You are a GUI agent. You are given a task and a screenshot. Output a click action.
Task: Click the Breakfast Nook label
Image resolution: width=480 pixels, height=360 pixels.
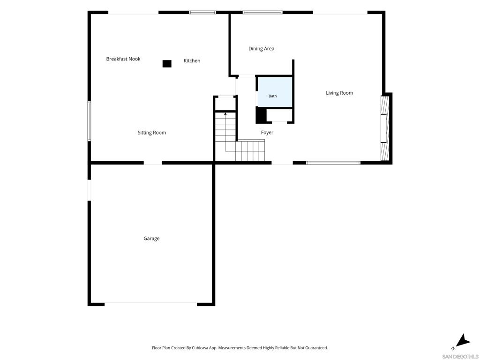123,59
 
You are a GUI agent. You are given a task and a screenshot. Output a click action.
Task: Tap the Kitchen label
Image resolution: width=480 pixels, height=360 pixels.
192,60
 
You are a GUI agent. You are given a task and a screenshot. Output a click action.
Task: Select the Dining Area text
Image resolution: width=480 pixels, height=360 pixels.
262,49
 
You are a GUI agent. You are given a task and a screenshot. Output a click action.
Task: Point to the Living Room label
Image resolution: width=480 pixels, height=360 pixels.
339,93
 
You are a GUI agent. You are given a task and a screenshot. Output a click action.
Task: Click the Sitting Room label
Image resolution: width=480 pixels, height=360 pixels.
152,133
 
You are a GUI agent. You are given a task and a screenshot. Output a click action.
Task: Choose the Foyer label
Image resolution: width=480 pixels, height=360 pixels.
267,133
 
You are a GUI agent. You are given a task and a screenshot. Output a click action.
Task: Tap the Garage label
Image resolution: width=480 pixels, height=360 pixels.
151,239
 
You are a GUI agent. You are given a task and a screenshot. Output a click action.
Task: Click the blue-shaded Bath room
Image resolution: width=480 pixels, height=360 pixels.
275,92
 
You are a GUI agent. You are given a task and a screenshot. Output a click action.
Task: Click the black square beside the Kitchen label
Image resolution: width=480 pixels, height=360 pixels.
167,64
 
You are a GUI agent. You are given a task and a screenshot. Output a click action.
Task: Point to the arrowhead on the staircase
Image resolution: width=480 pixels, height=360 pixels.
225,114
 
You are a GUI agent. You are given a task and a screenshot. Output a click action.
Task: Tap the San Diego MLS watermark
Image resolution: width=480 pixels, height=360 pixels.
460,357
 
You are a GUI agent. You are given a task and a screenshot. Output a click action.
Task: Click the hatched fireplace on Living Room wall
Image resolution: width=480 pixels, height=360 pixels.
385,128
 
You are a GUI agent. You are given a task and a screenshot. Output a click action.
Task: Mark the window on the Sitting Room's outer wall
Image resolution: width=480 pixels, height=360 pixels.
89,121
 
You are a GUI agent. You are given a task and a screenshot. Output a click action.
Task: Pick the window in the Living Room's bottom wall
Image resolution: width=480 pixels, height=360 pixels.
333,163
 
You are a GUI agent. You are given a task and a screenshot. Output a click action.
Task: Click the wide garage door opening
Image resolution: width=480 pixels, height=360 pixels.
150,304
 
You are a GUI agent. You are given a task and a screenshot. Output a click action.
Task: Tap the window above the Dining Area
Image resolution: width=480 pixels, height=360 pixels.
262,13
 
